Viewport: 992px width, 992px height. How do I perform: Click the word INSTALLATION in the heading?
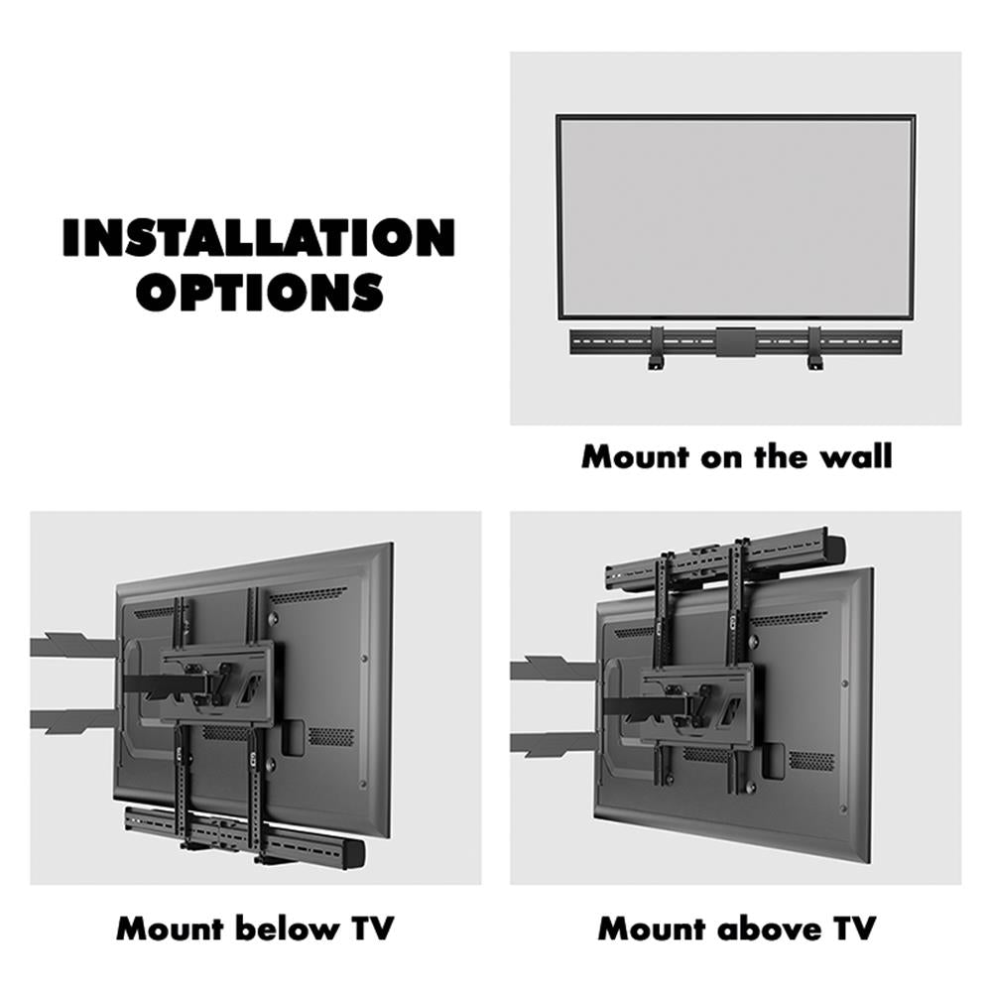pos(258,238)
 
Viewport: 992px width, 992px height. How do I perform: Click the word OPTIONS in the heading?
pos(260,292)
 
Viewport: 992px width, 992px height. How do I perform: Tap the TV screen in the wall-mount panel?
pos(735,215)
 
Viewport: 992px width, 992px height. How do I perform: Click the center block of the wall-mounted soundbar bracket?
pos(735,341)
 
